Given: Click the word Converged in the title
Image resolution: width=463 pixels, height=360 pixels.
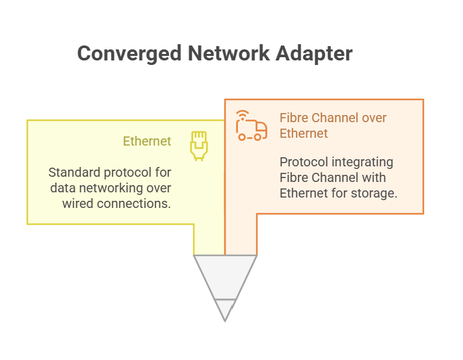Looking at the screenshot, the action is (129, 54).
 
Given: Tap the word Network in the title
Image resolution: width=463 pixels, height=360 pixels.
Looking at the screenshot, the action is (228, 53).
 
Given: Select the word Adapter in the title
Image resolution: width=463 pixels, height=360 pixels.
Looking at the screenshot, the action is (314, 54).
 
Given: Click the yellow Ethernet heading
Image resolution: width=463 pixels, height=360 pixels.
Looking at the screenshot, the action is (147, 141).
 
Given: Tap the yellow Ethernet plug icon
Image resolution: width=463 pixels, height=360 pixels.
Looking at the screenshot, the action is (199, 146).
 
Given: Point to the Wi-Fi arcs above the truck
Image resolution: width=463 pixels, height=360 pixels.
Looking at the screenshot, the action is (243, 115).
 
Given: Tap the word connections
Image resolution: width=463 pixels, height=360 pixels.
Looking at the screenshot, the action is (134, 203).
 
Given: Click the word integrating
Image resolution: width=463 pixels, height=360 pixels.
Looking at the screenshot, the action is (362, 162).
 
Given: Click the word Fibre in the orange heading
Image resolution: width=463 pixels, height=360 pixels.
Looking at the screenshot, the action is (294, 118).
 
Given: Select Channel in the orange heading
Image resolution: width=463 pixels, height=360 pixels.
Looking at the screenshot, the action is (335, 118).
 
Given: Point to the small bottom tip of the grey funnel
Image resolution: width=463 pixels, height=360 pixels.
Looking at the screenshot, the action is (225, 321).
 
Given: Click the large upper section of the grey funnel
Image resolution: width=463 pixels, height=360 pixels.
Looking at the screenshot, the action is (225, 276).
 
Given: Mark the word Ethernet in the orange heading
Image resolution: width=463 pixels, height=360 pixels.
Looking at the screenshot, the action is (304, 133).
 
